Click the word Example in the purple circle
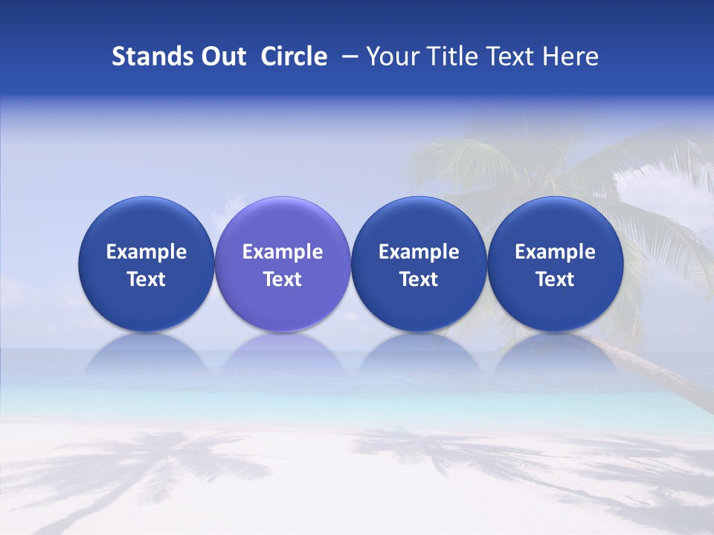click(283, 252)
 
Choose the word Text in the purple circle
click(283, 279)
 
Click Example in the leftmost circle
click(147, 252)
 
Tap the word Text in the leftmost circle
click(147, 279)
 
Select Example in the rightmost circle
click(555, 252)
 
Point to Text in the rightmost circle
click(555, 279)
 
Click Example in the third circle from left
click(419, 252)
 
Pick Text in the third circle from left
click(419, 279)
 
